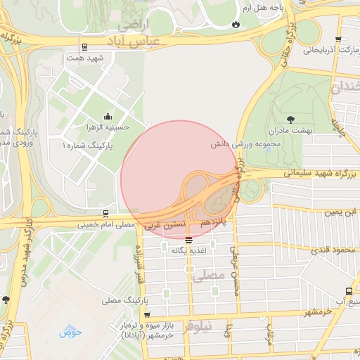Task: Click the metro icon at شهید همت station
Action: [x=84, y=48]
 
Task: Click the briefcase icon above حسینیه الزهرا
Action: [x=107, y=116]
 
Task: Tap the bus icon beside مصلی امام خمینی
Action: [x=105, y=213]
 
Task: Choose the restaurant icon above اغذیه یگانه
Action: [x=188, y=239]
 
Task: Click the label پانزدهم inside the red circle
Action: [x=215, y=221]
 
